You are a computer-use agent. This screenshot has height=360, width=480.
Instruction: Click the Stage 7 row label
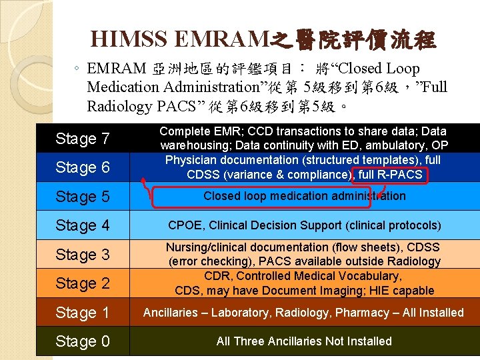83,139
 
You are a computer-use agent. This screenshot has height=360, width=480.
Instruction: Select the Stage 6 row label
83,167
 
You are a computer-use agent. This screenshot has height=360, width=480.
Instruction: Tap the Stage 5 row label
83,197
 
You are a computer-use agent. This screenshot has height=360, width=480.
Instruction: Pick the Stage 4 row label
83,225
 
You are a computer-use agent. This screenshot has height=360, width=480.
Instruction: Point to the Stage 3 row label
83,255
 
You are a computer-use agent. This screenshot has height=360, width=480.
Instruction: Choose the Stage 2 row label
83,283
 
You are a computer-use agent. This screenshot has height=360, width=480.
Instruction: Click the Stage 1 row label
83,313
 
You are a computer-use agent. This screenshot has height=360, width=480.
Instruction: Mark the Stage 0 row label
83,341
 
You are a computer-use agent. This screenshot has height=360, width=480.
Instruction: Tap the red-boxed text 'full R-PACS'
391,175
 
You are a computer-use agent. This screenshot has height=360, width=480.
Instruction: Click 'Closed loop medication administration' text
304,196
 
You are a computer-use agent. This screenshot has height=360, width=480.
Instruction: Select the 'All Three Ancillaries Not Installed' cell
304,341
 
